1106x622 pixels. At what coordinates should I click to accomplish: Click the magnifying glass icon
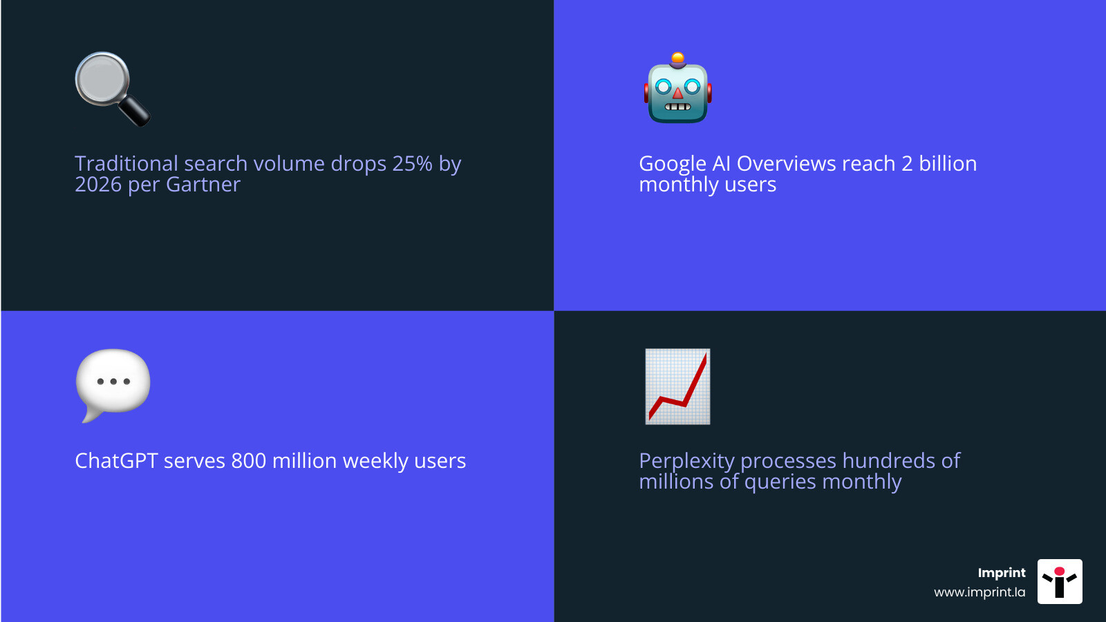pyautogui.click(x=113, y=89)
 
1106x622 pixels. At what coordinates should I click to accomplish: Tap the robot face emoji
pyautogui.click(x=677, y=88)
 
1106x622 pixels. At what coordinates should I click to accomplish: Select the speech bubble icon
pyautogui.click(x=113, y=385)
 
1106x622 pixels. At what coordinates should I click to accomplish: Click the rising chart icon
pyautogui.click(x=677, y=386)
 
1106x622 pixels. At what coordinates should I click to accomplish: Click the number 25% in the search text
pyautogui.click(x=412, y=163)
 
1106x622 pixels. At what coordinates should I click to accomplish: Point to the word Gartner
pyautogui.click(x=203, y=185)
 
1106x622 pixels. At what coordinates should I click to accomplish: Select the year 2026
pyautogui.click(x=97, y=185)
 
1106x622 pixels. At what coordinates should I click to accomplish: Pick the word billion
pyautogui.click(x=948, y=163)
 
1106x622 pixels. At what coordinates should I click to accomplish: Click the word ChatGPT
pyautogui.click(x=116, y=460)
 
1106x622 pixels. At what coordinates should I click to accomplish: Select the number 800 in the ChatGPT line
pyautogui.click(x=248, y=460)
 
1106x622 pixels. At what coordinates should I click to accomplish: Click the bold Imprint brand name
pyautogui.click(x=1002, y=573)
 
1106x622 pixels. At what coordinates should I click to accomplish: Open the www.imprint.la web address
pyautogui.click(x=980, y=592)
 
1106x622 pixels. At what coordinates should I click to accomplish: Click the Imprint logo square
pyautogui.click(x=1060, y=581)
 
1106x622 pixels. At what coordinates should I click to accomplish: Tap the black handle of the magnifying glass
pyautogui.click(x=135, y=111)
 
